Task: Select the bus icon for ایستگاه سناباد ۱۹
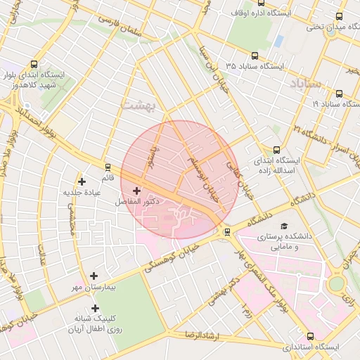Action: click(x=340, y=94)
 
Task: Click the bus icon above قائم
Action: click(x=107, y=167)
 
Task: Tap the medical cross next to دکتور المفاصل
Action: click(x=136, y=191)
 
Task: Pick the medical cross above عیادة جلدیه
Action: click(x=82, y=181)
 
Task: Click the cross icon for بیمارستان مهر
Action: click(x=94, y=276)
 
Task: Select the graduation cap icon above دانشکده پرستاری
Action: click(x=284, y=226)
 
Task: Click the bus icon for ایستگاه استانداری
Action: click(x=311, y=336)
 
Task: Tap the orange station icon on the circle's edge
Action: click(x=226, y=232)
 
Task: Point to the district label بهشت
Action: click(x=137, y=104)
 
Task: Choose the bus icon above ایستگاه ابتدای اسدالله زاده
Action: click(x=276, y=150)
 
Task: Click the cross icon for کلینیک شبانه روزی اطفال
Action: click(x=95, y=308)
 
